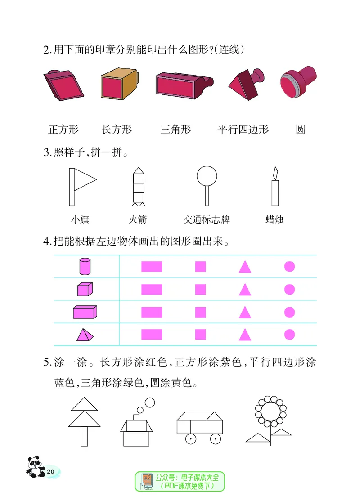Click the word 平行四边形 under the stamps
(x=243, y=130)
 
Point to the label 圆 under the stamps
(x=300, y=130)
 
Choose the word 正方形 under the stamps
(x=63, y=130)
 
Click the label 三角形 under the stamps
(x=175, y=130)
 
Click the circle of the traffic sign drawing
(x=207, y=175)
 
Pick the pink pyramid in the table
(x=84, y=335)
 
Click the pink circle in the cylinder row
(x=289, y=267)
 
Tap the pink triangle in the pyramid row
(x=244, y=335)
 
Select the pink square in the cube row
(x=200, y=289)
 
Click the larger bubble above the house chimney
(x=150, y=402)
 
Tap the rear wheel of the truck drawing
(x=216, y=438)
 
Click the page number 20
(x=50, y=471)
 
